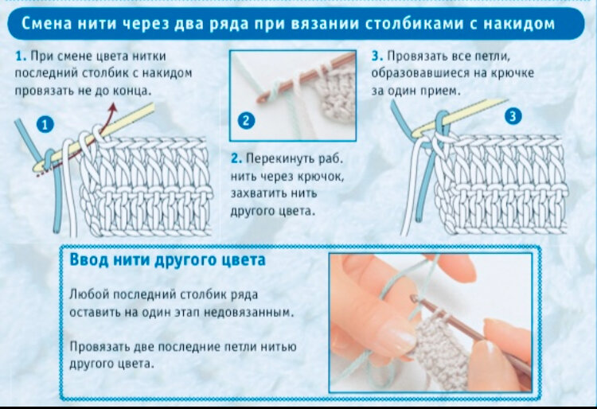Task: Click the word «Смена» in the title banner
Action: coord(45,25)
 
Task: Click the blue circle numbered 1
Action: coord(45,125)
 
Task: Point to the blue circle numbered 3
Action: coord(513,117)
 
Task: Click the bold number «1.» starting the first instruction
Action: coord(20,57)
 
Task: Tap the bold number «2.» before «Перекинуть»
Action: coord(236,159)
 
